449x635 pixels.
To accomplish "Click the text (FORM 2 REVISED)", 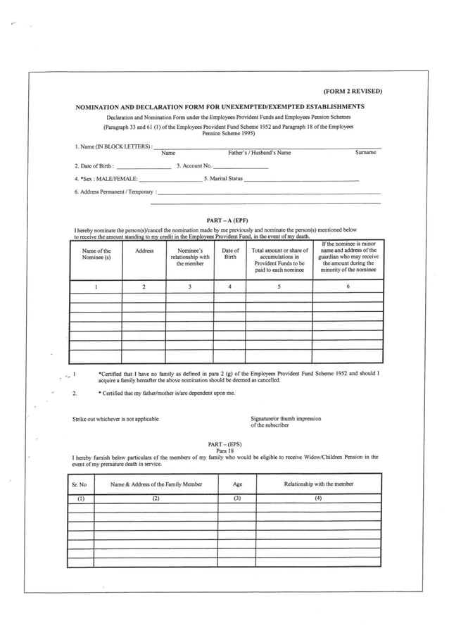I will (x=352, y=92).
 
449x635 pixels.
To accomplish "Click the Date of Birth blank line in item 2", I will (x=143, y=167).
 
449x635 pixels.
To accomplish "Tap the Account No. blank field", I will (x=241, y=167).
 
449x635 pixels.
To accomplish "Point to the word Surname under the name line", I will (x=367, y=153).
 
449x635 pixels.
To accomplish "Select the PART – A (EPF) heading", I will (x=225, y=220).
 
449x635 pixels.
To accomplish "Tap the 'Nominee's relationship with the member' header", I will (x=189, y=257).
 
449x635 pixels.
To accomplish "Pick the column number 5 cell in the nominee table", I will (x=279, y=287).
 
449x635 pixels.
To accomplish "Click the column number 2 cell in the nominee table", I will (x=144, y=287).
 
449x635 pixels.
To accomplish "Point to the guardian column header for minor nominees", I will (x=348, y=257).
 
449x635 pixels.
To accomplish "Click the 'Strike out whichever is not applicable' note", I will (x=115, y=419).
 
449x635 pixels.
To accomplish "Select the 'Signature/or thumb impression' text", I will (x=286, y=419).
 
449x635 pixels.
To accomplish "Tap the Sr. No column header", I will (x=80, y=484).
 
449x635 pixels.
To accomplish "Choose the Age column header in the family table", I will (x=237, y=484).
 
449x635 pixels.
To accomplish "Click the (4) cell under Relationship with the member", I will (x=318, y=498).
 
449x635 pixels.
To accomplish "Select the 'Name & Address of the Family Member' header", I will (x=156, y=484).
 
